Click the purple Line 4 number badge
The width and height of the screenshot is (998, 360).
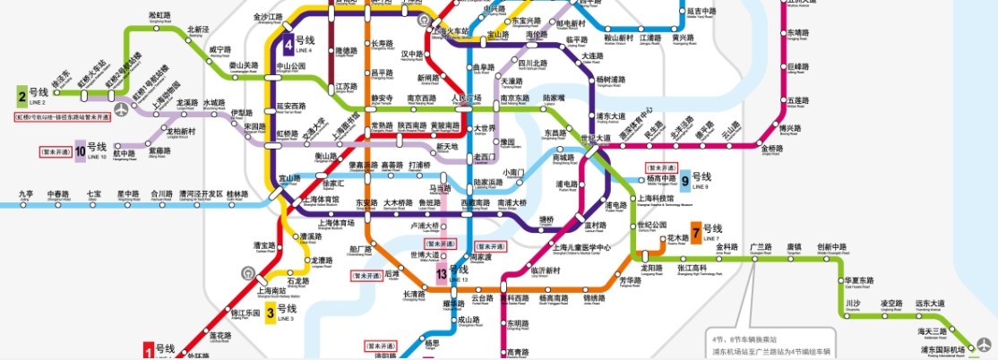point(288,42)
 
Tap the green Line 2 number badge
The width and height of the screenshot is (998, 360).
point(22,94)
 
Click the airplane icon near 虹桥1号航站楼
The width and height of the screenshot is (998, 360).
point(122,108)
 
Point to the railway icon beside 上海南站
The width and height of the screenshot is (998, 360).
point(247,272)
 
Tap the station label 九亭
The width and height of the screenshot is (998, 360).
point(25,193)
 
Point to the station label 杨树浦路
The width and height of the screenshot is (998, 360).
point(613,81)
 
